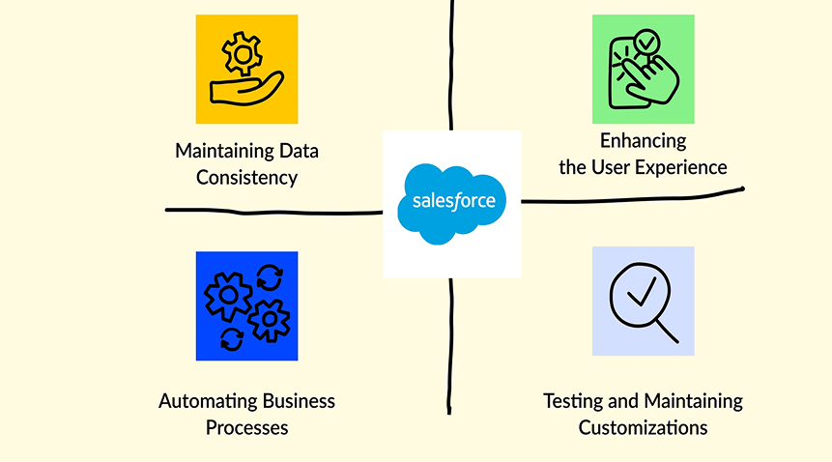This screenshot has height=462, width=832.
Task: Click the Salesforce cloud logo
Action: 451,202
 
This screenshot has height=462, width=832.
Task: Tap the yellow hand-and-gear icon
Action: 246,70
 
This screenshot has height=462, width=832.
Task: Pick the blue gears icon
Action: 246,305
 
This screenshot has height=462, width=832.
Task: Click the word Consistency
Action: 246,178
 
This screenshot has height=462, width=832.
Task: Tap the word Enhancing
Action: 642,140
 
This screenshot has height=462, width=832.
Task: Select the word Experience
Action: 680,166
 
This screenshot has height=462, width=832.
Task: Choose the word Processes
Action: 246,427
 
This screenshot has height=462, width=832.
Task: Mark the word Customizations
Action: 643,427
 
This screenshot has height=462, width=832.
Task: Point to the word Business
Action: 298,401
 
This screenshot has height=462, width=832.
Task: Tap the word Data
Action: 299,151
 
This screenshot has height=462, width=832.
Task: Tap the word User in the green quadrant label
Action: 611,166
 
